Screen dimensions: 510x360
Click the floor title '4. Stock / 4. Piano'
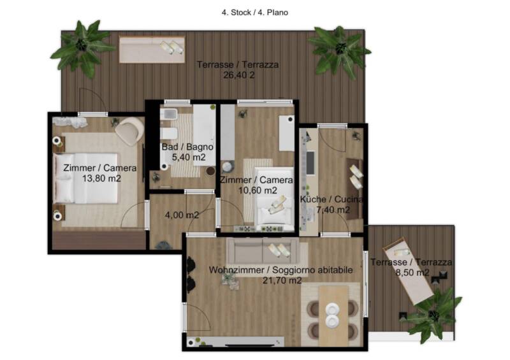click(x=254, y=12)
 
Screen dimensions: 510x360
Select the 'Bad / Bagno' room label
click(x=187, y=147)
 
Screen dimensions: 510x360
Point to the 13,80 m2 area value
click(x=101, y=178)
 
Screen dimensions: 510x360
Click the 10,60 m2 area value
click(x=258, y=191)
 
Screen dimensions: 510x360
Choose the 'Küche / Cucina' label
click(x=331, y=199)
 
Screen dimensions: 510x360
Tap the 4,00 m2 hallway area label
click(x=182, y=215)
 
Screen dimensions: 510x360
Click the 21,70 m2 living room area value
click(x=282, y=280)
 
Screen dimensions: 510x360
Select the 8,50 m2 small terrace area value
click(x=412, y=273)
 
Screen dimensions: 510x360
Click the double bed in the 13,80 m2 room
click(x=86, y=178)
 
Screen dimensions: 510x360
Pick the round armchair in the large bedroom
click(x=129, y=131)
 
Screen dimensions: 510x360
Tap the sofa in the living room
click(x=266, y=252)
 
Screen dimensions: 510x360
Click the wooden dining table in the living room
click(x=333, y=316)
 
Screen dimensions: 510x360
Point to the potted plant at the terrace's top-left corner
click(x=82, y=48)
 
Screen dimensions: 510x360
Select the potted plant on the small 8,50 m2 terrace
click(x=433, y=315)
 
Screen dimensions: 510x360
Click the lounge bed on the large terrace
click(x=152, y=50)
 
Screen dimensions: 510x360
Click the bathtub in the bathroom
click(x=204, y=134)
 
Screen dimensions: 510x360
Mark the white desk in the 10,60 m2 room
click(x=286, y=133)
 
